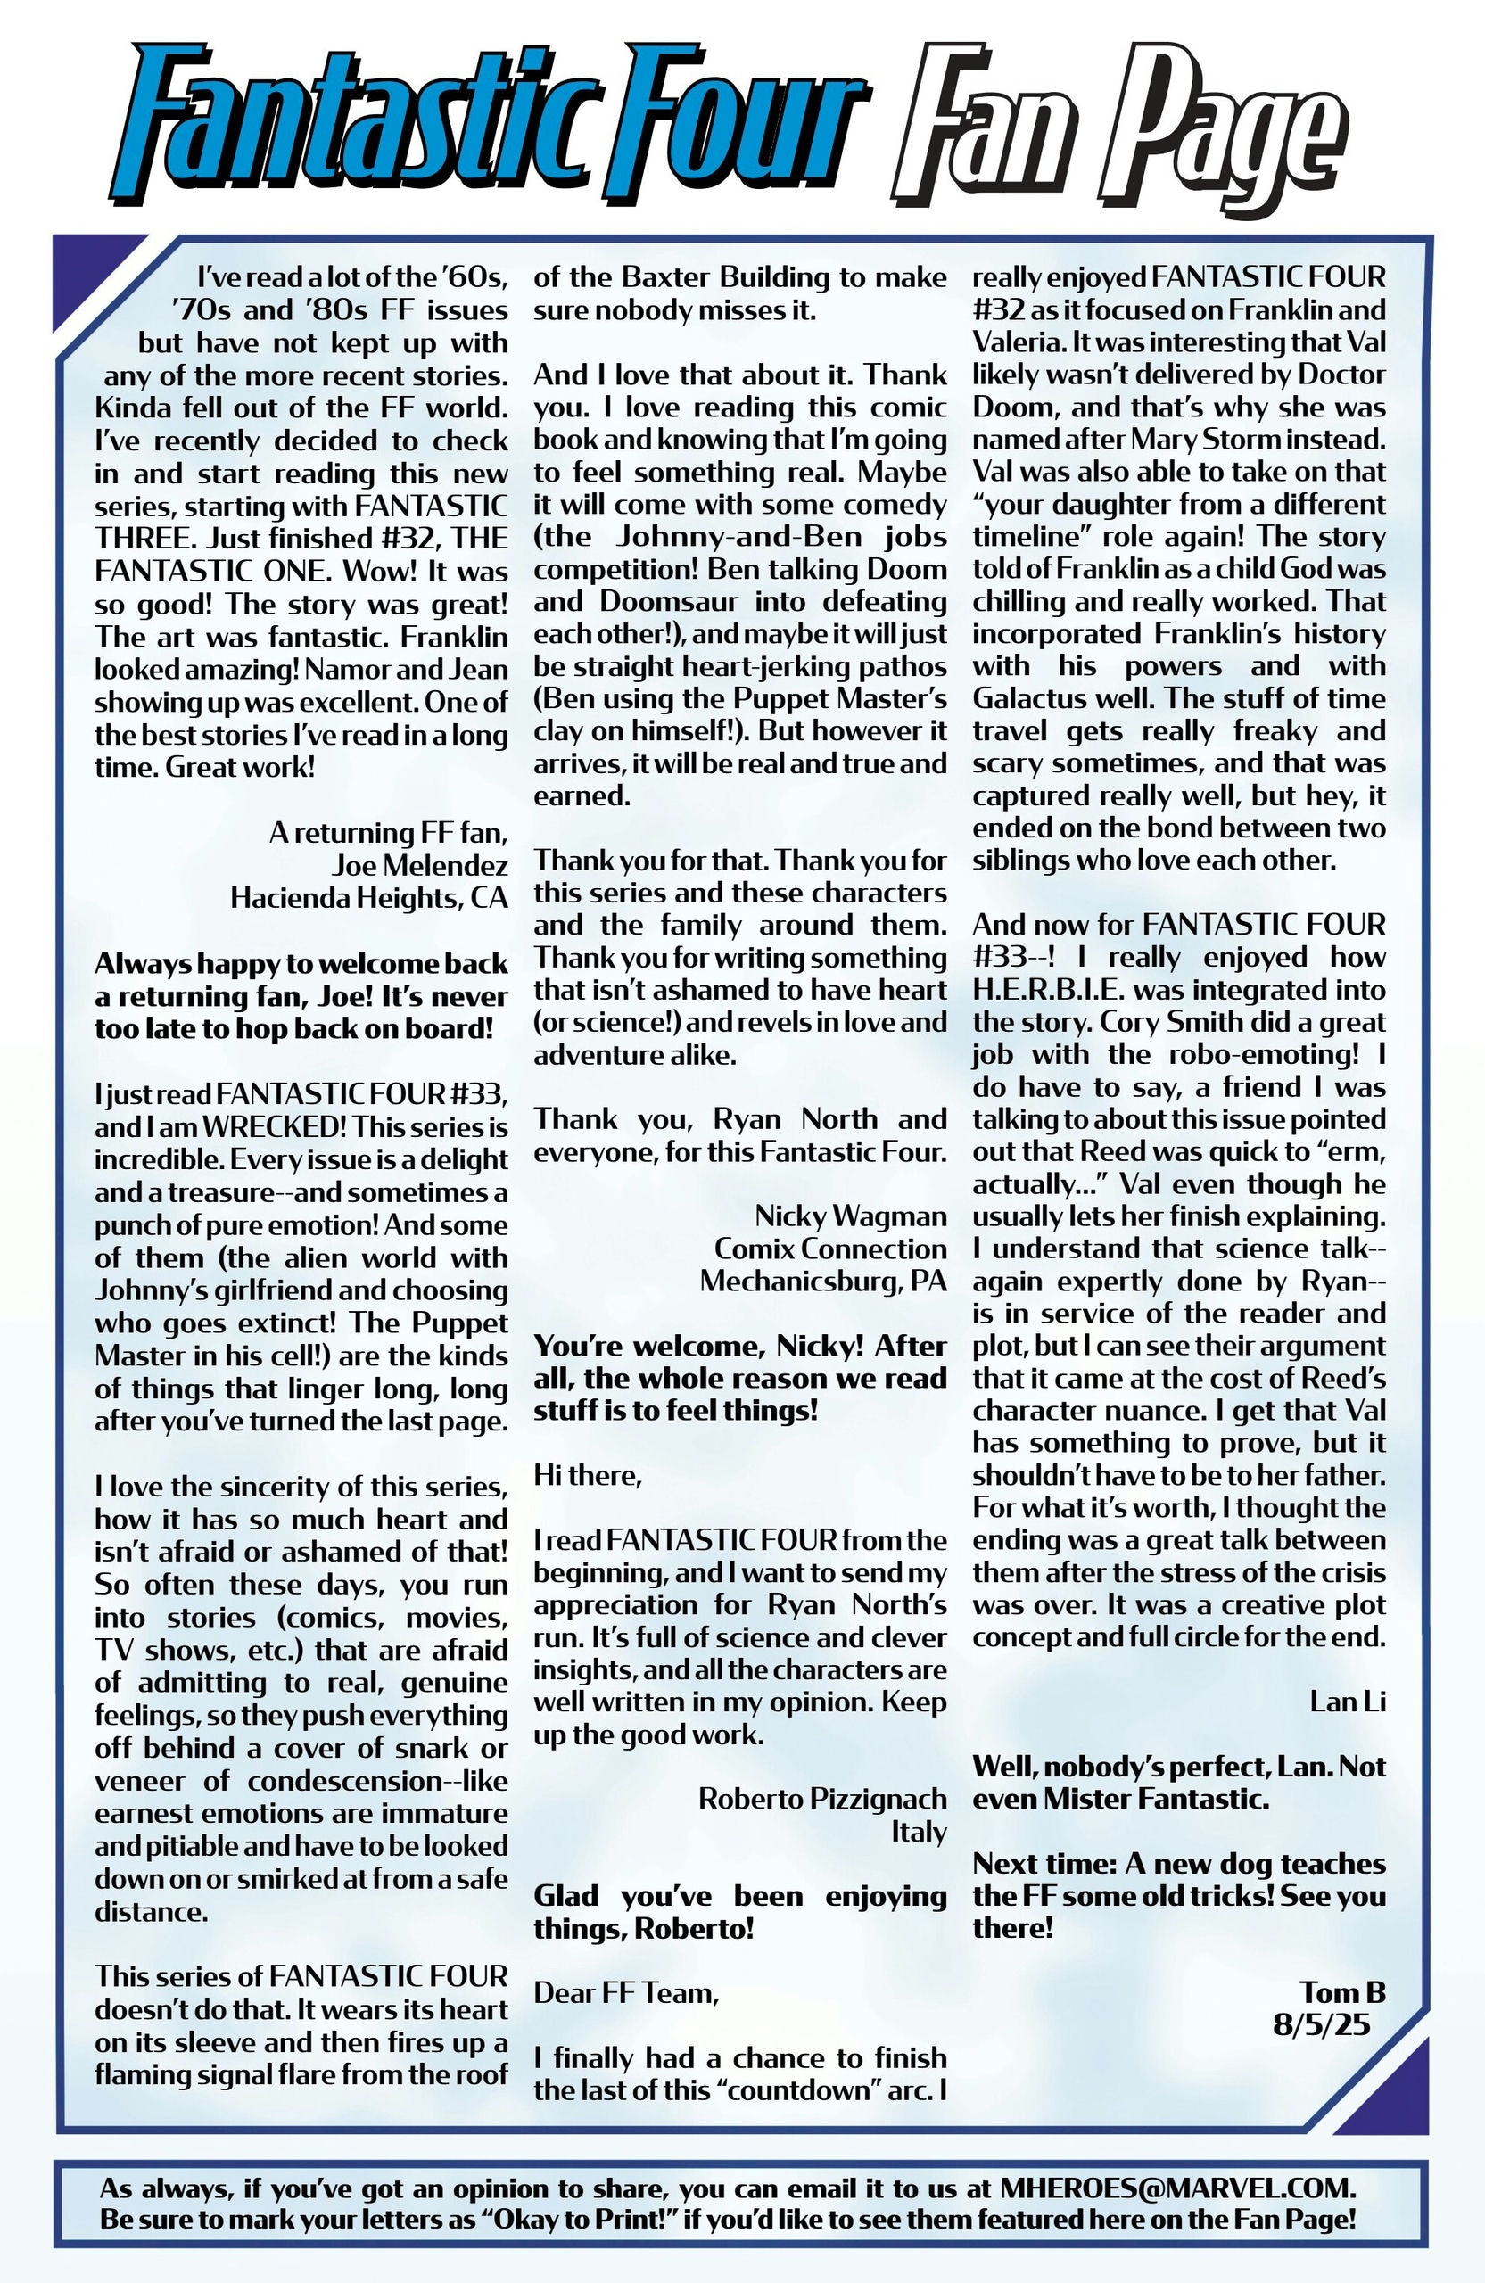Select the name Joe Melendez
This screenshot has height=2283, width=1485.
(x=419, y=865)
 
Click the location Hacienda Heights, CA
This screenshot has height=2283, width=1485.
(x=369, y=898)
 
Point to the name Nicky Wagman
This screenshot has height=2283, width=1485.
(x=851, y=1216)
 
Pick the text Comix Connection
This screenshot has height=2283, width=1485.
(x=830, y=1249)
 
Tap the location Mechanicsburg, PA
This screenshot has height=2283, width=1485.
(x=823, y=1282)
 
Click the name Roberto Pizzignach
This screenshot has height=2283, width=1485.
(x=822, y=1799)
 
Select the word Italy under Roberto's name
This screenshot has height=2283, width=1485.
(x=919, y=1831)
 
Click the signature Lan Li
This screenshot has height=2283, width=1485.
(x=1348, y=1702)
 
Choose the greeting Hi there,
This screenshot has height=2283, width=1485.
(x=588, y=1475)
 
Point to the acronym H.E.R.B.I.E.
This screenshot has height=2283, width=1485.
(x=1051, y=990)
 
